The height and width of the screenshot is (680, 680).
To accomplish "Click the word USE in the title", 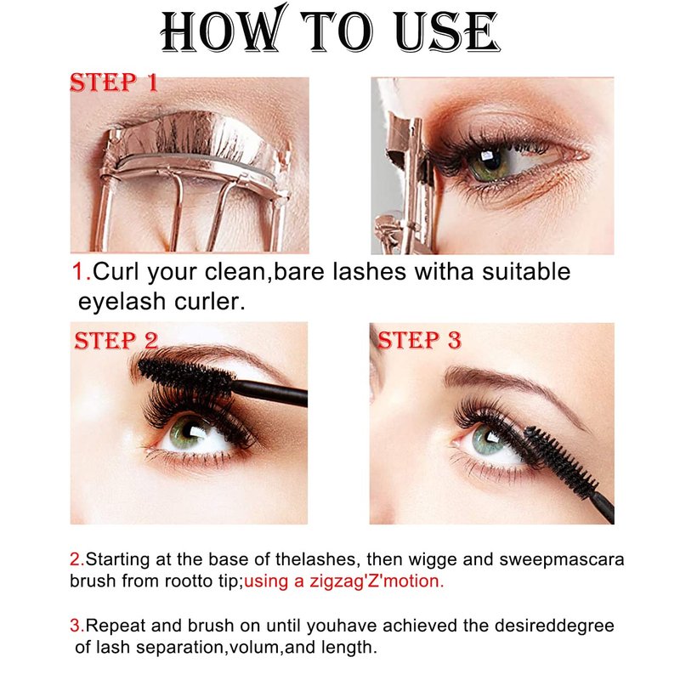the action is (448, 31).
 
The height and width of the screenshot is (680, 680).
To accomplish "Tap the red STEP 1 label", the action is (114, 82).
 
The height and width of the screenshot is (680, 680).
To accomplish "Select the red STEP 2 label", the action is (116, 341).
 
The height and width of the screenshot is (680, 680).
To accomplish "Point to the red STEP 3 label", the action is (419, 340).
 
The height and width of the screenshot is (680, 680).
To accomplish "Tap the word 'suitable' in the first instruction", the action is (526, 272).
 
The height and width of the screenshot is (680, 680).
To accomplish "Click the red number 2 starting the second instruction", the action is (76, 559).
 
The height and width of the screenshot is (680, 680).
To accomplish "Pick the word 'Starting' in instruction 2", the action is (117, 559).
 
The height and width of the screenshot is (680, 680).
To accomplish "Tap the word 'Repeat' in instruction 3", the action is (116, 626).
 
